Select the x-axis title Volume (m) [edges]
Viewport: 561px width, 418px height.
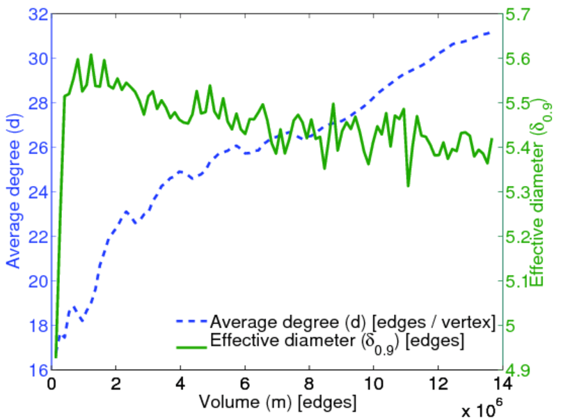coord(278,402)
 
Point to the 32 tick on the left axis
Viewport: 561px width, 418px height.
coord(40,14)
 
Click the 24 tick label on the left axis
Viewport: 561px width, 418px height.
coord(40,192)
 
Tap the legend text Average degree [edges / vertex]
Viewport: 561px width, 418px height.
coord(352,323)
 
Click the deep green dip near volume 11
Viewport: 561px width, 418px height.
coord(408,185)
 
